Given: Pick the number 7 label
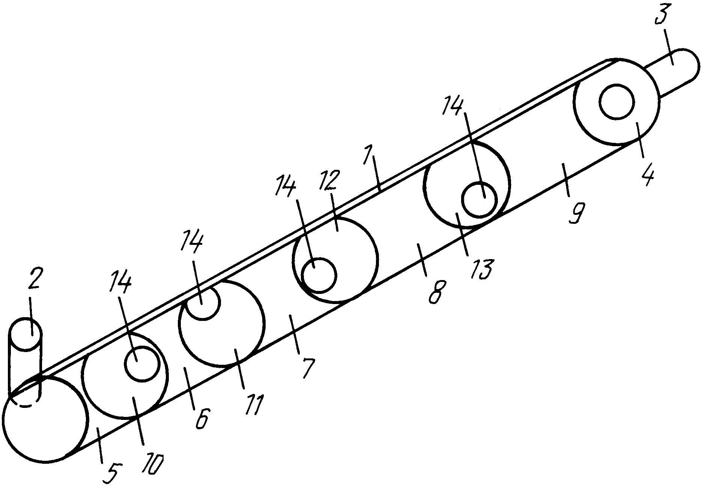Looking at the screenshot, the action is tap(307, 369).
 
